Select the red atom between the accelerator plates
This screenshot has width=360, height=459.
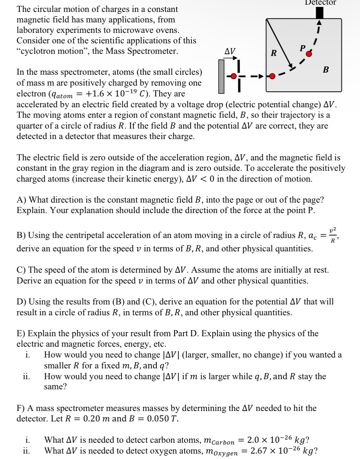pyautogui.click(x=234, y=76)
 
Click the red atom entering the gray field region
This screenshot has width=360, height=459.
pyautogui.click(x=273, y=76)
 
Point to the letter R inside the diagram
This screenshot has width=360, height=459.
pyautogui.click(x=274, y=53)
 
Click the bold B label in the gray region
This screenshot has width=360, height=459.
pyautogui.click(x=326, y=69)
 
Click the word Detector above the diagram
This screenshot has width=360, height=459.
pyautogui.click(x=320, y=3)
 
